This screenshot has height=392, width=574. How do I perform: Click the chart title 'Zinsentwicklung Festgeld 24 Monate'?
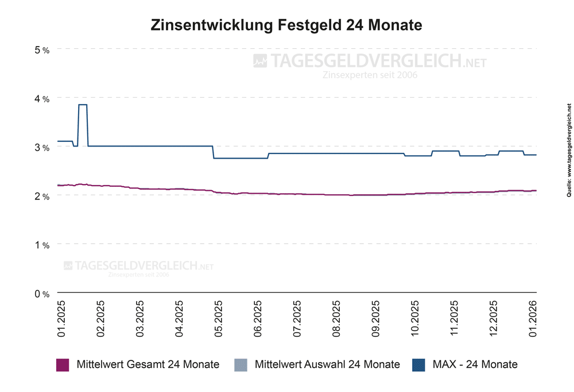coord(286,26)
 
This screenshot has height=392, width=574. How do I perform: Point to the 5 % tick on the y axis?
coord(42,50)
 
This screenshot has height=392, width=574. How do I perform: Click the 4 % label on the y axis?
coord(42,99)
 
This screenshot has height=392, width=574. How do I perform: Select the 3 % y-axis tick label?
coord(42,148)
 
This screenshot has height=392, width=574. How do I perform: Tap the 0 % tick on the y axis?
coord(42,294)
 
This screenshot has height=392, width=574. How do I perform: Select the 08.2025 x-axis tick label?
coord(337,318)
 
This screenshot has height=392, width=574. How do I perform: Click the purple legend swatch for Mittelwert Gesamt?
coord(63,364)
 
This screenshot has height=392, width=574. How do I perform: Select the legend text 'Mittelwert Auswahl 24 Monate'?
coord(327,364)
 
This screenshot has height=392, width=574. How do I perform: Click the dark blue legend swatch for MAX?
coord(418,364)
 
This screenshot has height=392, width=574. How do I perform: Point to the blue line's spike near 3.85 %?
coord(83,105)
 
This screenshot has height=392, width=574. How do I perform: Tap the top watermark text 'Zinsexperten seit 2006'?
coord(370,75)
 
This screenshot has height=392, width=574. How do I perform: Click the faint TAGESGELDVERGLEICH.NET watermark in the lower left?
coord(138,266)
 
